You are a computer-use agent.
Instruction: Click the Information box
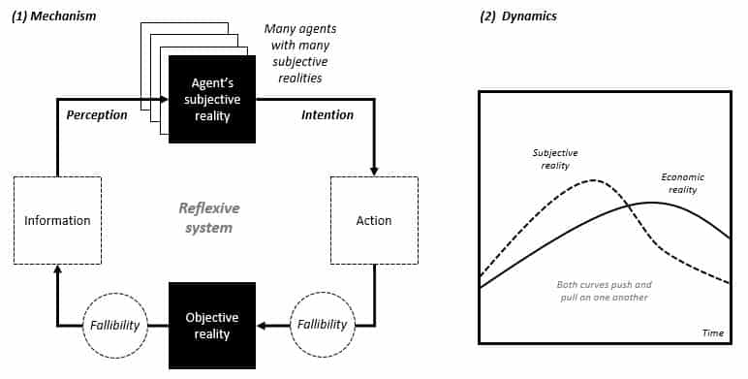[x=57, y=220]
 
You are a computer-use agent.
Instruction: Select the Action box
[x=374, y=220]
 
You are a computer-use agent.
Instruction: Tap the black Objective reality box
[x=212, y=325]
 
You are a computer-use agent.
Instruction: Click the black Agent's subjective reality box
[x=212, y=99]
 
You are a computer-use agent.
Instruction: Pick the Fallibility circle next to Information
[x=115, y=326]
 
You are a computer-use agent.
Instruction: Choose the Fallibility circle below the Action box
[x=323, y=325]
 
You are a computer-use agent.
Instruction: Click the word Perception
[x=97, y=115]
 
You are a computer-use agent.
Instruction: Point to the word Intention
[x=327, y=114]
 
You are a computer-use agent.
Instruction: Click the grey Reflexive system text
[x=209, y=218]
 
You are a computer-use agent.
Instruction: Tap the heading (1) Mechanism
[x=53, y=16]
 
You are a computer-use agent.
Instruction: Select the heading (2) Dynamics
[x=518, y=16]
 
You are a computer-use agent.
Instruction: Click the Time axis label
[x=713, y=332]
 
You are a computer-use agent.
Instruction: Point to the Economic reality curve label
[x=682, y=183]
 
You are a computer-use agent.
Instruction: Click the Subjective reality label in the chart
[x=555, y=159]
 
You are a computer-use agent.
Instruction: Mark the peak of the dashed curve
[x=593, y=180]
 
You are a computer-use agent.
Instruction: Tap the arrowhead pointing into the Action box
[x=374, y=172]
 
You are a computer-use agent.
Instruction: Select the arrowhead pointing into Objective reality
[x=261, y=326]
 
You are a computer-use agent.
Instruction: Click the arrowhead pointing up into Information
[x=57, y=268]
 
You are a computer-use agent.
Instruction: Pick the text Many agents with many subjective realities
[x=300, y=53]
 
